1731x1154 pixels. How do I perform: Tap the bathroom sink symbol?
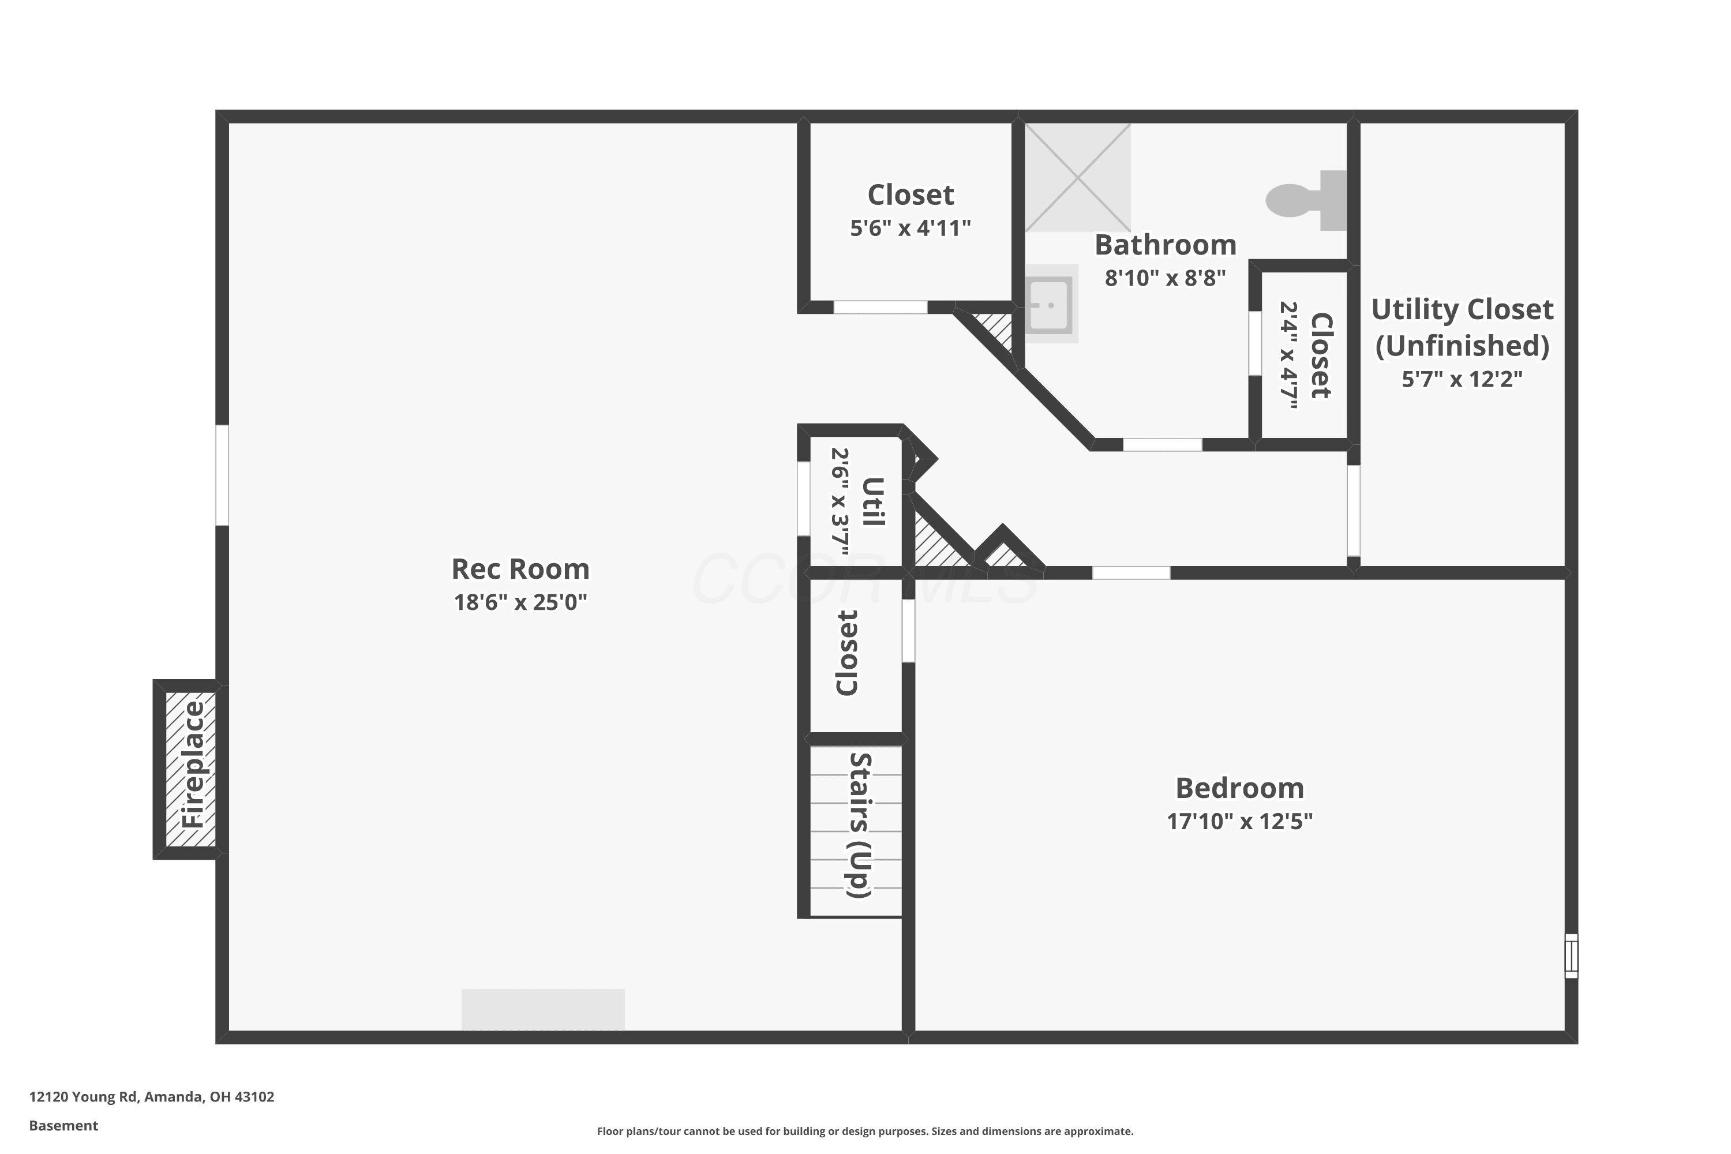pyautogui.click(x=1050, y=304)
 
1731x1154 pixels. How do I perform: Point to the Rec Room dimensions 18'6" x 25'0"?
pyautogui.click(x=520, y=602)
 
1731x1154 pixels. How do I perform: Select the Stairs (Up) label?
pyautogui.click(x=860, y=825)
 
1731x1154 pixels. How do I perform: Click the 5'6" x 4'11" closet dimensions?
pyautogui.click(x=911, y=228)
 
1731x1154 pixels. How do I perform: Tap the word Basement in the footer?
pyautogui.click(x=63, y=1125)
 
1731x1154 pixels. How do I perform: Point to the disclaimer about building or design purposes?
pyautogui.click(x=865, y=1131)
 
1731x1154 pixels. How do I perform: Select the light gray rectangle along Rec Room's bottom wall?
pyautogui.click(x=543, y=1010)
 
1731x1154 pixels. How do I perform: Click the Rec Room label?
pyautogui.click(x=520, y=569)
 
